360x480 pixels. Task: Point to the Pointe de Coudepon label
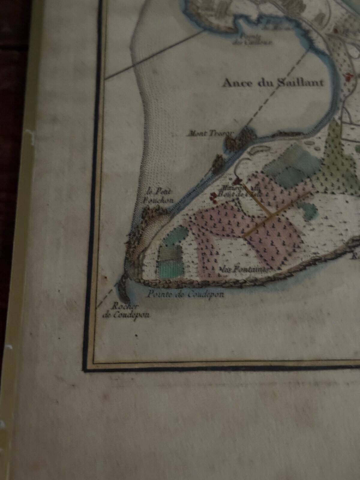185,295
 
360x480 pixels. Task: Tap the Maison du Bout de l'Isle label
240,191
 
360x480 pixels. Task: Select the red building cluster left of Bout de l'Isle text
214,196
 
